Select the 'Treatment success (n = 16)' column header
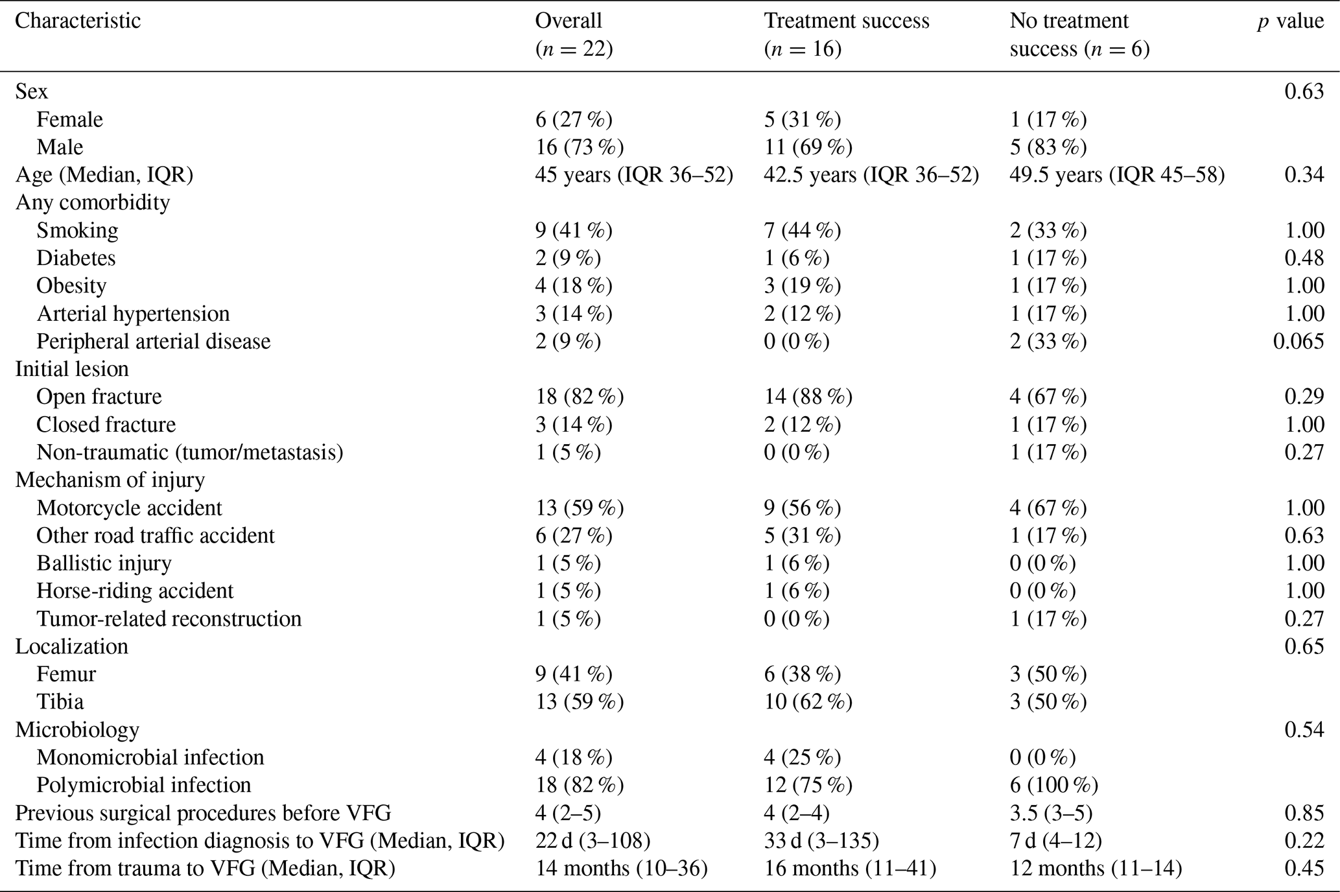847,35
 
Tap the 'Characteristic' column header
78,21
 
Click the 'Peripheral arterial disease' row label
154,341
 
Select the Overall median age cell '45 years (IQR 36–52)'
634,175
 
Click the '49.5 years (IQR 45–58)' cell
1117,175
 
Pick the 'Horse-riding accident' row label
135,591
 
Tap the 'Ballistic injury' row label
104,563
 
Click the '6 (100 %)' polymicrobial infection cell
1053,785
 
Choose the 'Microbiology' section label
77,729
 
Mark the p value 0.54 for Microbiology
1304,729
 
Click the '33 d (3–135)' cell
821,841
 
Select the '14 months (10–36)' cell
621,869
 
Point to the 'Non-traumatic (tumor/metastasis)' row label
190,452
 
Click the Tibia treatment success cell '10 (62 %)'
808,702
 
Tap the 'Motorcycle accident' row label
130,508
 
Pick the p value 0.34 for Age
1304,175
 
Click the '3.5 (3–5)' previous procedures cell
1051,813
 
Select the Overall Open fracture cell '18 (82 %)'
580,397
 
